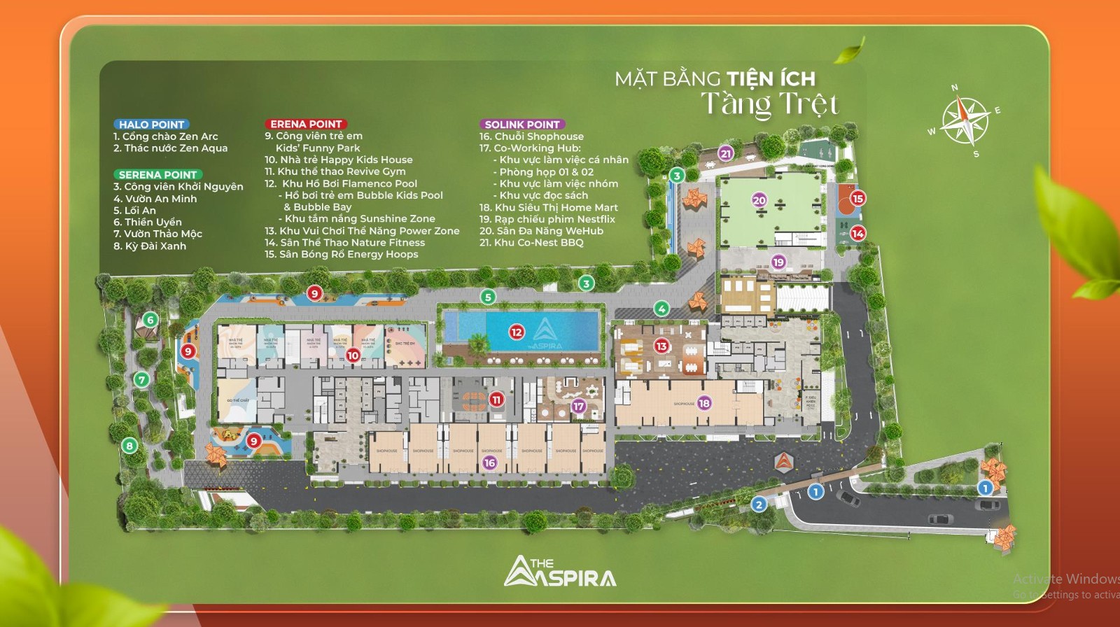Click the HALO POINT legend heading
click(151, 125)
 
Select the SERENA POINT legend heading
click(157, 175)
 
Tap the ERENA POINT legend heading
click(306, 124)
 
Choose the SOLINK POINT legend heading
click(522, 125)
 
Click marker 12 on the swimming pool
click(517, 332)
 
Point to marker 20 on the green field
click(759, 200)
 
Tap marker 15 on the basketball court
click(857, 198)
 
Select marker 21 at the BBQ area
click(726, 153)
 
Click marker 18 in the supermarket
click(704, 403)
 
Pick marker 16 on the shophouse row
click(489, 463)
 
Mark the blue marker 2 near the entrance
click(759, 504)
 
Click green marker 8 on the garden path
click(129, 445)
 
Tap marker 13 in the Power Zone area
click(661, 346)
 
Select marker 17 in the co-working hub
click(578, 406)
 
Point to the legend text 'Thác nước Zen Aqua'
click(175, 148)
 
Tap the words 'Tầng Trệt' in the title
click(769, 104)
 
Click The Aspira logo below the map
click(560, 572)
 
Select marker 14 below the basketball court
click(857, 233)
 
